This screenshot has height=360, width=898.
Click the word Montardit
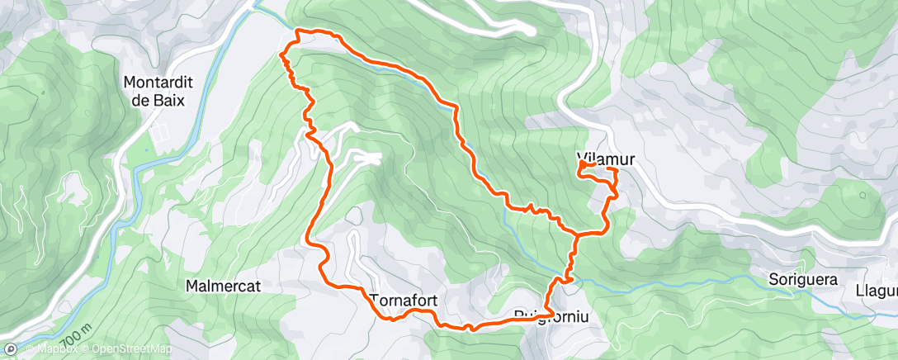(154, 83)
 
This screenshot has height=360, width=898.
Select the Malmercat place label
(224, 286)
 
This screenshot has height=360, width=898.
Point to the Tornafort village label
(403, 299)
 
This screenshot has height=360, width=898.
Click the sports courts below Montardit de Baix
(163, 130)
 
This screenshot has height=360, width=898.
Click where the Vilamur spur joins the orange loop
(579, 234)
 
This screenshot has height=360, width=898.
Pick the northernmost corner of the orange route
(299, 31)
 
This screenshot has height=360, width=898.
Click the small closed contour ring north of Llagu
(862, 196)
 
